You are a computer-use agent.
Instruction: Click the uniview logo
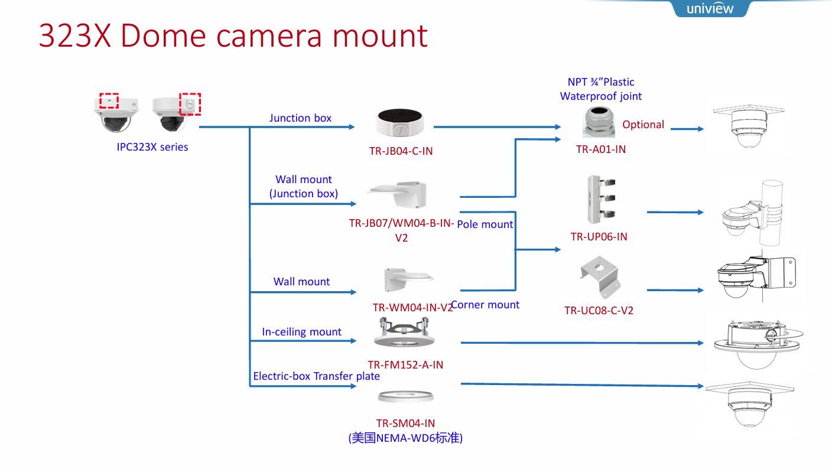coord(710,8)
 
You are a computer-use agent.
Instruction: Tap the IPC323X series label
coord(152,147)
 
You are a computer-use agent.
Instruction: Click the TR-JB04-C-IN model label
coord(401,151)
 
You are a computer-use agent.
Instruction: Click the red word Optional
coord(643,125)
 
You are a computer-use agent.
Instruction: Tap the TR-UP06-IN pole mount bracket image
coord(600,199)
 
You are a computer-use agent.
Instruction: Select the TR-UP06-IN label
coord(599,237)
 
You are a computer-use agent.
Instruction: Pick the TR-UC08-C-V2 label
coord(599,311)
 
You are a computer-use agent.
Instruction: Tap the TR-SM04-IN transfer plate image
coord(406,397)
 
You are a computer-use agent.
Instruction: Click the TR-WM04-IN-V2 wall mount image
coord(407,280)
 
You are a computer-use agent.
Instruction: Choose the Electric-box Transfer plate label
coord(316,376)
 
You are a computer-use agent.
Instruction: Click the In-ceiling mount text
coord(301,332)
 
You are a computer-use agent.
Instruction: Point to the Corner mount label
coord(485,305)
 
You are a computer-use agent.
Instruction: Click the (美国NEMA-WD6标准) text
coord(405,438)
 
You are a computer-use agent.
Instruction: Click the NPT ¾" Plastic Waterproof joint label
coord(600,89)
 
